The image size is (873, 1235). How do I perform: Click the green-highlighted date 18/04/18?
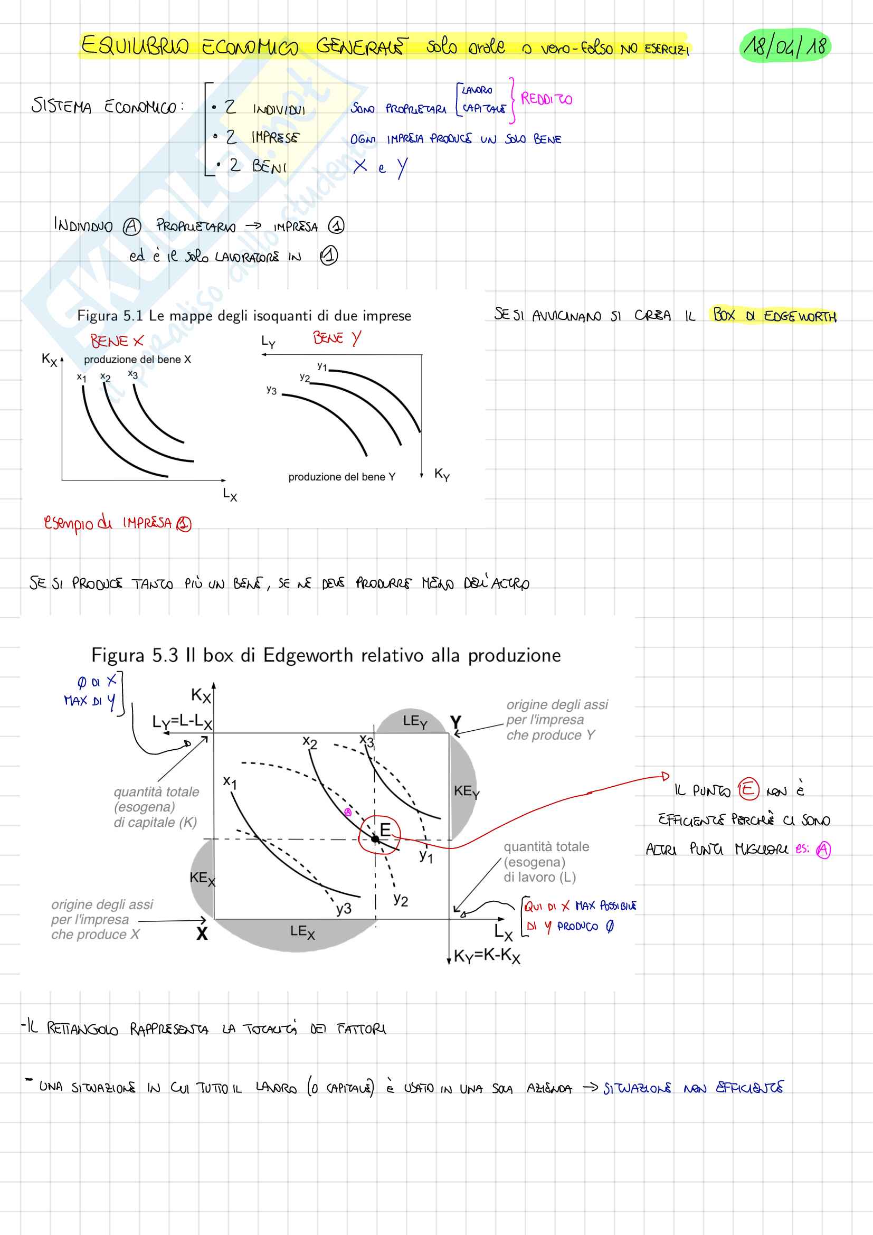coord(785,46)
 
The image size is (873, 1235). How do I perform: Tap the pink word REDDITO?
coord(546,99)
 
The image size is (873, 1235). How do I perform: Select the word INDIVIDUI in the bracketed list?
coord(279,109)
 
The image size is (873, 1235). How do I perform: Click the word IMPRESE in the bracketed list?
coord(274,138)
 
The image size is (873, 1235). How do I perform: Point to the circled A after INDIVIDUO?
coord(132,227)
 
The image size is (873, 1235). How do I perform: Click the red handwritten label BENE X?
coord(117,341)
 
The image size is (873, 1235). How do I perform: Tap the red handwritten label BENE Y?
coord(337,338)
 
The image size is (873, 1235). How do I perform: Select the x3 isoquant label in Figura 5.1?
coord(133,374)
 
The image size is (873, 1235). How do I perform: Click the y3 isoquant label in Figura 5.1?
coord(271,390)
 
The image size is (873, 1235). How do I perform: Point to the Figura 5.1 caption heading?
coord(244,316)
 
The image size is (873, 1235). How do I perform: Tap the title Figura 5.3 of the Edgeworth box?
coord(326,655)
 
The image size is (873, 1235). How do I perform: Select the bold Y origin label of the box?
coord(456,722)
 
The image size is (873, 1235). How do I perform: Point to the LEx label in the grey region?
coord(302,931)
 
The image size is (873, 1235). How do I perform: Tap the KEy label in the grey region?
coord(466,791)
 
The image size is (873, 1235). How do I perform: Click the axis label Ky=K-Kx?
coord(487,956)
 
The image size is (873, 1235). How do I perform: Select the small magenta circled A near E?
coord(348,812)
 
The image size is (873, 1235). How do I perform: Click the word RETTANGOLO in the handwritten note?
coord(82,1029)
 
